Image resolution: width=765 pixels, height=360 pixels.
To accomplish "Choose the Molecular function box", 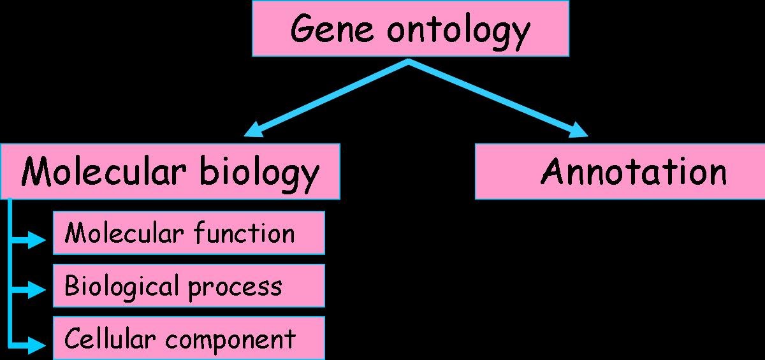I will [x=189, y=233].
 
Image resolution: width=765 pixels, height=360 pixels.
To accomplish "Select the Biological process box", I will [x=189, y=286].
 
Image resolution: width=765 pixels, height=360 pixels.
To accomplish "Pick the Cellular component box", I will [x=189, y=338].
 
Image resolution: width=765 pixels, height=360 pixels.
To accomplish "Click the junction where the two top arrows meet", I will [x=409, y=62].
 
